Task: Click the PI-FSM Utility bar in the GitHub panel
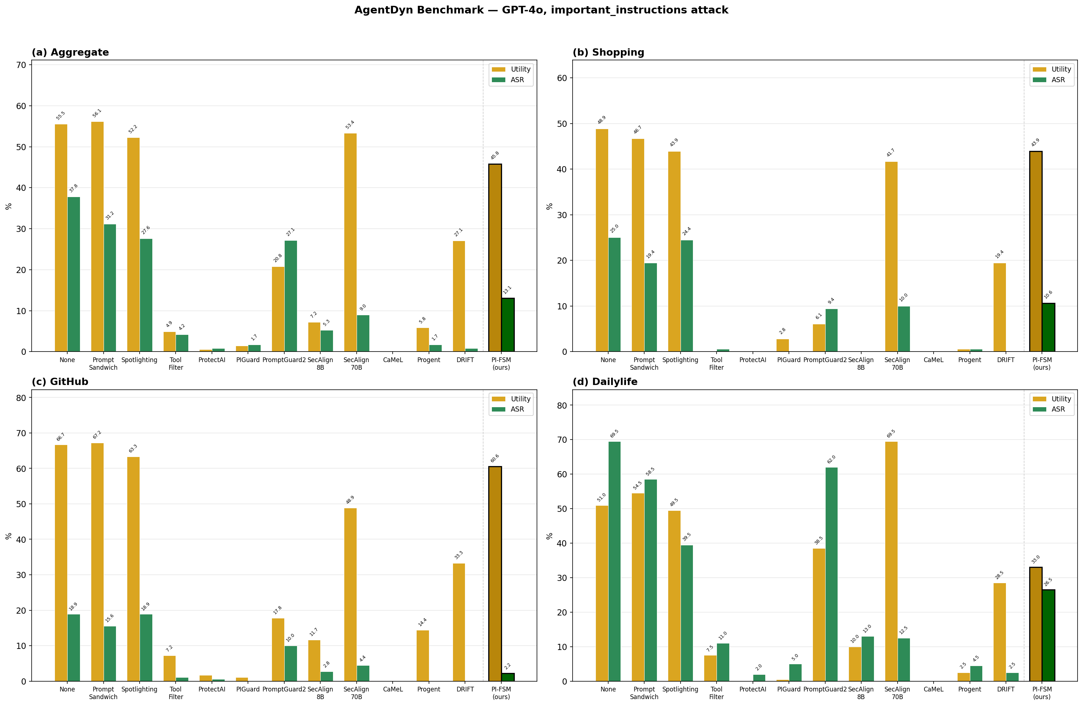tap(495, 574)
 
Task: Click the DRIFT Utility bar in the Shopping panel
tap(999, 308)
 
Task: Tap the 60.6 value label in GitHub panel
tap(495, 458)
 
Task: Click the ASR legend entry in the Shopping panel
tap(1058, 80)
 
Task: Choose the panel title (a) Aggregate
tap(71, 52)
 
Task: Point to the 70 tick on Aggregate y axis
tap(21, 65)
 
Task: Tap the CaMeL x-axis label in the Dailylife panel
tap(933, 689)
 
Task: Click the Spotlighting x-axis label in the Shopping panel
tap(680, 360)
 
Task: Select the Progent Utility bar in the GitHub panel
tap(422, 655)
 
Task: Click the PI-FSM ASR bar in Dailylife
tap(1048, 635)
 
